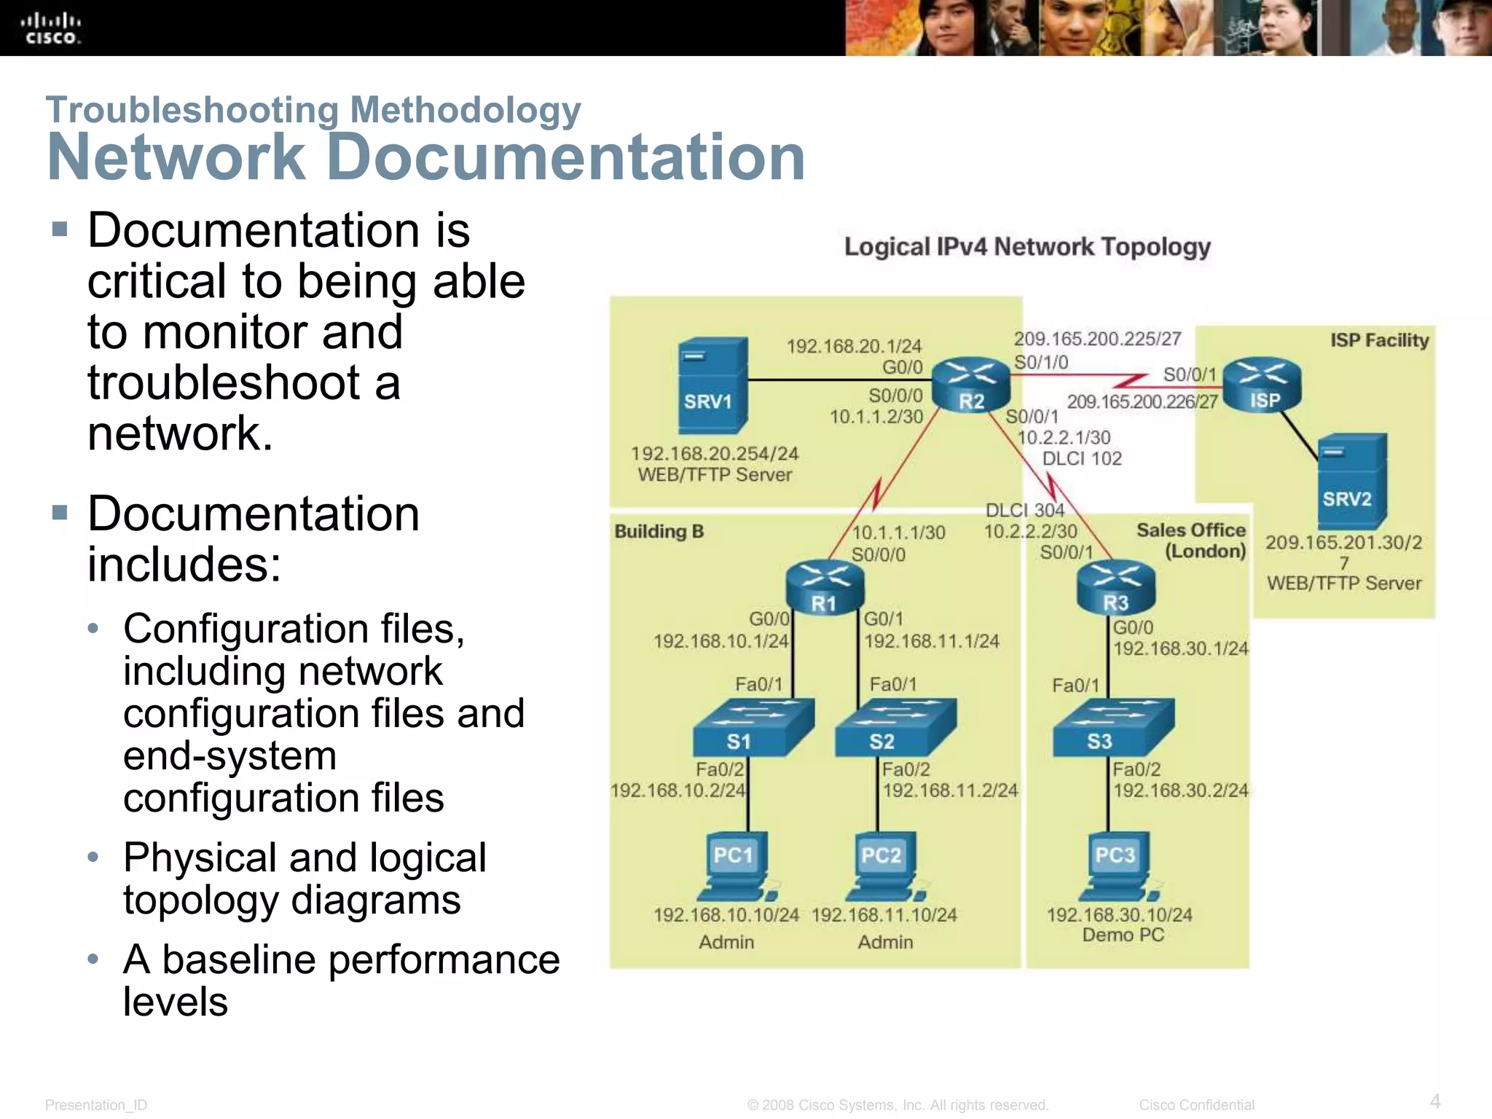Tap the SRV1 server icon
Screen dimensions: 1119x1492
tap(712, 385)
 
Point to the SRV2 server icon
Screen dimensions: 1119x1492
tap(1351, 481)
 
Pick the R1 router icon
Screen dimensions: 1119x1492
tap(825, 587)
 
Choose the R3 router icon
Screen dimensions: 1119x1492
tap(1115, 587)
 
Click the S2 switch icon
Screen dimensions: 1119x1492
tap(894, 727)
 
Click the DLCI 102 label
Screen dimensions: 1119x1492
tap(1082, 459)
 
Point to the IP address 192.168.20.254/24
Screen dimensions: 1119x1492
tap(715, 454)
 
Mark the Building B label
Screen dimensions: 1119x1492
tap(659, 531)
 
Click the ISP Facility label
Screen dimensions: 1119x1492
tap(1379, 340)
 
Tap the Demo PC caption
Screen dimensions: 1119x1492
tap(1123, 935)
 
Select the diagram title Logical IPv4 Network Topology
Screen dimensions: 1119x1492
tap(1026, 247)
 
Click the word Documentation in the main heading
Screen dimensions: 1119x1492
tap(566, 157)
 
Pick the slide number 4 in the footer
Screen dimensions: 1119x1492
tap(1434, 1101)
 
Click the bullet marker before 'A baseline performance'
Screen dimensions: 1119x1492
tap(93, 959)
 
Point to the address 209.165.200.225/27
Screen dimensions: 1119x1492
tap(1097, 339)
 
